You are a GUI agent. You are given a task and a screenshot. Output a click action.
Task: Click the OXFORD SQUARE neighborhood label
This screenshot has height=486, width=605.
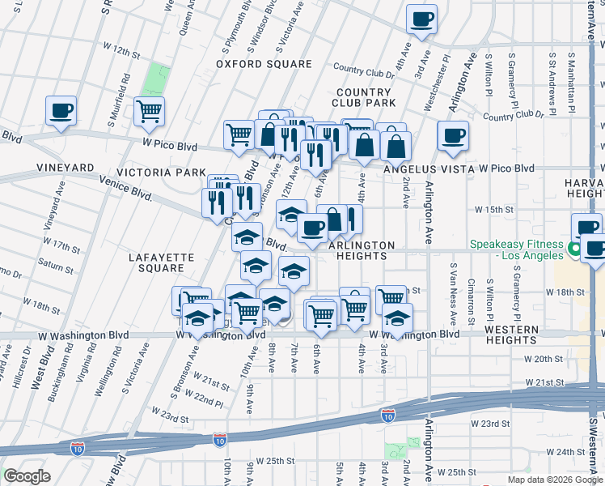(264, 64)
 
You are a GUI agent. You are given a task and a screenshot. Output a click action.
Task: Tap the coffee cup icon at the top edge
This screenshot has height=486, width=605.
(421, 19)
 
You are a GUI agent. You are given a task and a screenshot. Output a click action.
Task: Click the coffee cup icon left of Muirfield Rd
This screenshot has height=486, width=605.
(61, 111)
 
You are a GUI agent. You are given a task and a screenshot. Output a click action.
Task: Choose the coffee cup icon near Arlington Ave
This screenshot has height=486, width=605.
(453, 135)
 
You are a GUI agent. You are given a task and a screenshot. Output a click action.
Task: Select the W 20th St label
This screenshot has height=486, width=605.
(542, 358)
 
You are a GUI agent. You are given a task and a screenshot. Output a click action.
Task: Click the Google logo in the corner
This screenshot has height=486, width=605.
(27, 476)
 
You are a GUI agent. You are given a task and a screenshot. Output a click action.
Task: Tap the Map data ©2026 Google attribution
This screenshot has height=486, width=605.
(555, 480)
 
